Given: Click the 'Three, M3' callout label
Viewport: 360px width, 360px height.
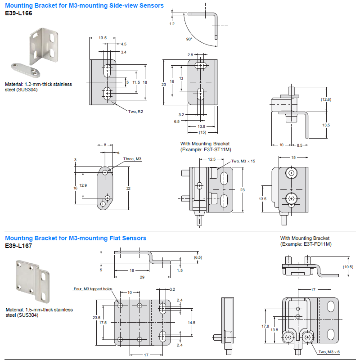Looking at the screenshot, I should tap(132, 159).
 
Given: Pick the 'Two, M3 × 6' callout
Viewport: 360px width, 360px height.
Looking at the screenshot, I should tap(329, 352).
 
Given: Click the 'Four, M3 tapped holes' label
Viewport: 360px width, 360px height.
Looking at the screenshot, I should tap(92, 289).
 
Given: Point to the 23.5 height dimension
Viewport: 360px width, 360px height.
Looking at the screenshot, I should tap(96, 318).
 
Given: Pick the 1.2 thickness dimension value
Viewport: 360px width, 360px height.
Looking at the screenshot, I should tap(172, 23).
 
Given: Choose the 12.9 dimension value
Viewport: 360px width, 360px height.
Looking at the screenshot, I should tap(83, 185).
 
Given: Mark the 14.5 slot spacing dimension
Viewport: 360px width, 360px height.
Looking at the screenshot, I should tap(191, 323).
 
